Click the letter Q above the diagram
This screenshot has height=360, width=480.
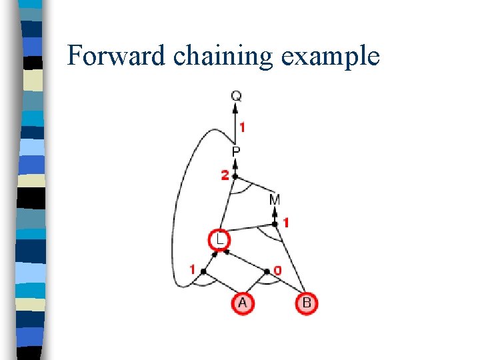pyautogui.click(x=236, y=96)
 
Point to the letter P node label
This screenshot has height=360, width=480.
pyautogui.click(x=236, y=153)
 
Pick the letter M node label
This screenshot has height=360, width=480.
pyautogui.click(x=275, y=199)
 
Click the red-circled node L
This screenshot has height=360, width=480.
pyautogui.click(x=218, y=239)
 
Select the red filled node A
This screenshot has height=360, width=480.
pyautogui.click(x=242, y=303)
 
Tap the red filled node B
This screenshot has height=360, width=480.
pyautogui.click(x=306, y=303)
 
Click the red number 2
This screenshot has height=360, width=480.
pyautogui.click(x=225, y=175)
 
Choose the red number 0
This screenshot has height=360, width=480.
pyautogui.click(x=277, y=271)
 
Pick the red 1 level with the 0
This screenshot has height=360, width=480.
pyautogui.click(x=193, y=270)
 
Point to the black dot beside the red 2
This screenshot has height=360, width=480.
pyautogui.click(x=235, y=177)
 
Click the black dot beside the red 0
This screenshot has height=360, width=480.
pyautogui.click(x=268, y=271)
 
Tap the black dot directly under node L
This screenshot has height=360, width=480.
pyautogui.click(x=226, y=252)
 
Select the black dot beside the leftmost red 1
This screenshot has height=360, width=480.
pyautogui.click(x=203, y=271)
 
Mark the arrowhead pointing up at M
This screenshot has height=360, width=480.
pyautogui.click(x=275, y=211)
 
